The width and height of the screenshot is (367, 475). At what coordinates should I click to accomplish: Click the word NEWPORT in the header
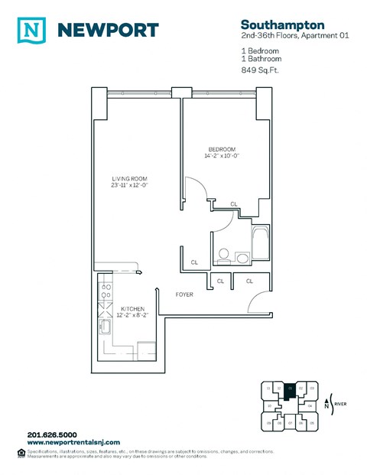[x=107, y=30]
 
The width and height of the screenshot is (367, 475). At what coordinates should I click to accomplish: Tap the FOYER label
[x=184, y=294]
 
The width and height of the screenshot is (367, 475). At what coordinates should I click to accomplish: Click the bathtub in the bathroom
[x=261, y=243]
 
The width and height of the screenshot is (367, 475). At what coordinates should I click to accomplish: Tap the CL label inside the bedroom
[x=233, y=203]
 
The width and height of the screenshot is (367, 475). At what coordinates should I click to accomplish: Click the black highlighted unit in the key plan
[x=290, y=391]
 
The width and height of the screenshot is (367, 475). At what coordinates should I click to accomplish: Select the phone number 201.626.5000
[x=53, y=436]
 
